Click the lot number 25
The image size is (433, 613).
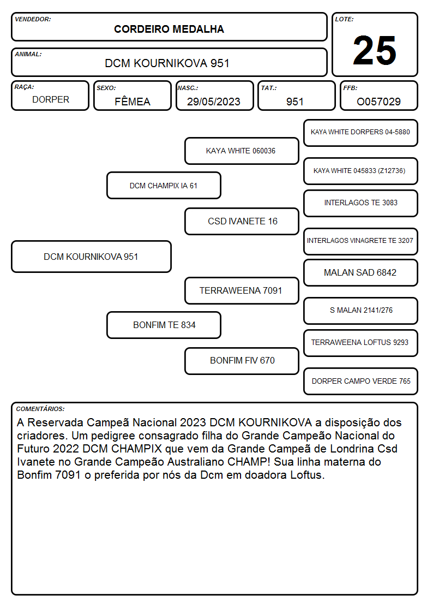[374, 50]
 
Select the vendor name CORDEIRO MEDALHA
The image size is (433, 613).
[169, 29]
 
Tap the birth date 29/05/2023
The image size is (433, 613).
[214, 102]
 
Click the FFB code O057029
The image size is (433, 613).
[378, 102]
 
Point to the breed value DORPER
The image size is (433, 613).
[51, 100]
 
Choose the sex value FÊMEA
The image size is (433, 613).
[133, 101]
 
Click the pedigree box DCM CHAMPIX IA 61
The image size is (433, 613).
[164, 186]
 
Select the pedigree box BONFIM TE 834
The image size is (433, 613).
[164, 325]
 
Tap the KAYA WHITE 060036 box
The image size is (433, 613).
[242, 151]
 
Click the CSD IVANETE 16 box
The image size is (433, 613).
[242, 221]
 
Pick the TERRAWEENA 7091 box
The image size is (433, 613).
[242, 291]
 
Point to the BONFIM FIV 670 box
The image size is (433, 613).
[242, 361]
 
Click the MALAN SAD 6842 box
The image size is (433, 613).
[361, 273]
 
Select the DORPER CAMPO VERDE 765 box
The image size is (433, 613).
[361, 381]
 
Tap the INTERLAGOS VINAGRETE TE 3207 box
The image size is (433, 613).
[361, 241]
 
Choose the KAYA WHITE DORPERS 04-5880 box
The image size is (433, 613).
[361, 133]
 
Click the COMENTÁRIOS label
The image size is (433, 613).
[40, 409]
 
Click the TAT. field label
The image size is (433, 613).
[269, 88]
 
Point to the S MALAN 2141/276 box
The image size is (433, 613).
[361, 311]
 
